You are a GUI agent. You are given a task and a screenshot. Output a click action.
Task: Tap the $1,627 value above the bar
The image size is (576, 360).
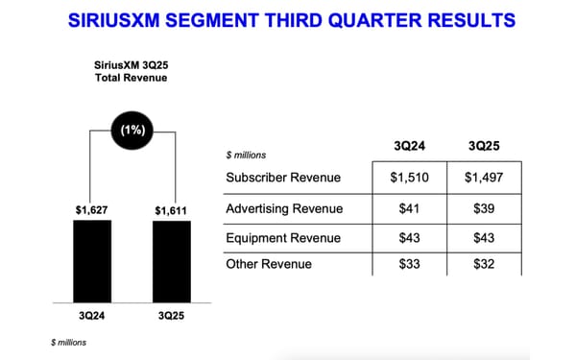coord(91,209)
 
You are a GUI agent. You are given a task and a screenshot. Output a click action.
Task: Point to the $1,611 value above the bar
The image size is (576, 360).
coord(172,209)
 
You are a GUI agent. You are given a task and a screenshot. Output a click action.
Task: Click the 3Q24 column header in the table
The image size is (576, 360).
coord(411,146)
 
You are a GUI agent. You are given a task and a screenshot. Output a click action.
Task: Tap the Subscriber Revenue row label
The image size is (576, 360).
coord(279,178)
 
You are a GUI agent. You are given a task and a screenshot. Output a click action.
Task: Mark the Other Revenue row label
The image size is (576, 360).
coord(268,263)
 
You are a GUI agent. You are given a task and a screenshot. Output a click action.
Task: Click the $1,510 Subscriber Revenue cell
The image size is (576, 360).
coord(411,178)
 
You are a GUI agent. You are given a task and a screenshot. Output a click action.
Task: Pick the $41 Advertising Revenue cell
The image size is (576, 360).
coord(411,208)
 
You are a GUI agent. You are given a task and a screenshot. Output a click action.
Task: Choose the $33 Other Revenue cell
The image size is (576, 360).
coord(411,263)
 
